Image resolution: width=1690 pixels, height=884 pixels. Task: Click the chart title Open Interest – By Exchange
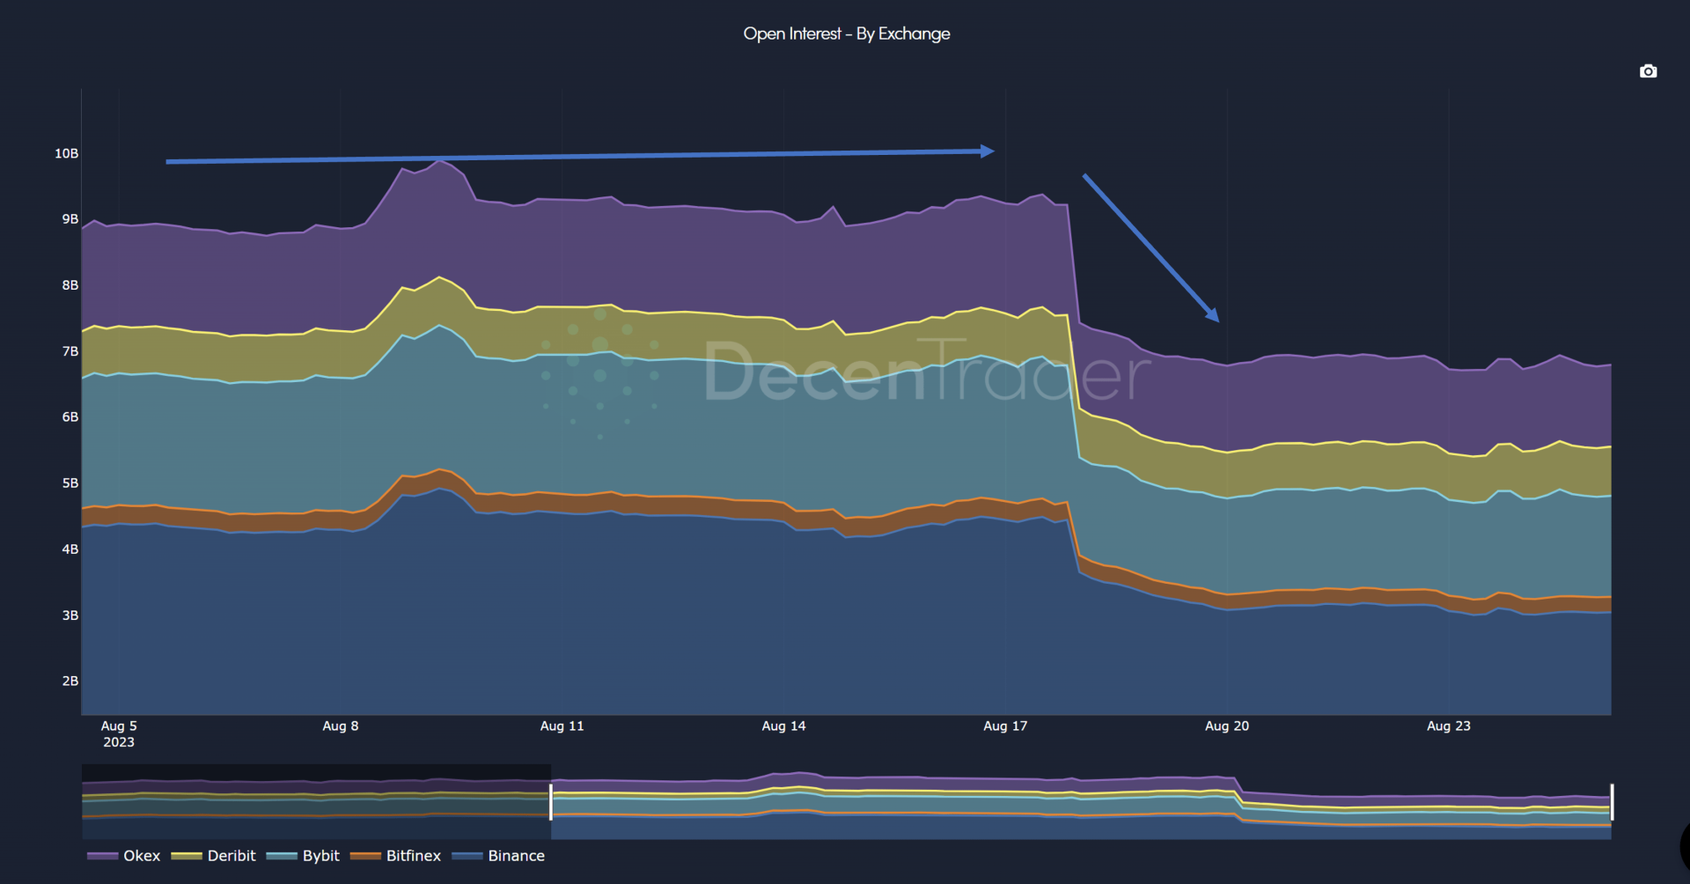pos(846,34)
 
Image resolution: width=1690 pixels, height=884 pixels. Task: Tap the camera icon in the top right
pos(1648,71)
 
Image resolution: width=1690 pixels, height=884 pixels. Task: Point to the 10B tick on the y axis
pos(67,154)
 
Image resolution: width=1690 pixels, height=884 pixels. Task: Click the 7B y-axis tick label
pos(70,351)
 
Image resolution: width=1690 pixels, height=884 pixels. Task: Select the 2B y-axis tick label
pos(70,681)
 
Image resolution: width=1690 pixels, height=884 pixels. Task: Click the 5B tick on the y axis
pos(70,483)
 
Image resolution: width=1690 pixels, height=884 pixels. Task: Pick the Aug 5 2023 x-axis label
pos(119,733)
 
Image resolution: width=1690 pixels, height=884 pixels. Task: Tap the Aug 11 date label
pos(562,726)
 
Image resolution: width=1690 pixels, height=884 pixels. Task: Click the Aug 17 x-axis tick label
pos(1005,726)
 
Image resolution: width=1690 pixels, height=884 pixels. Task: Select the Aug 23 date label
pos(1448,726)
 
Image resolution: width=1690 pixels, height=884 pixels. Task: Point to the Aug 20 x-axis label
pos(1226,726)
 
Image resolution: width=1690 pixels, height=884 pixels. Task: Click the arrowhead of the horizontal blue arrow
pos(988,151)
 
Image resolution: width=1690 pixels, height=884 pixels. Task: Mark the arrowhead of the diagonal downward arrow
pos(1213,314)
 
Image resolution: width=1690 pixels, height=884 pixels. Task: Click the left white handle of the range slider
pos(551,802)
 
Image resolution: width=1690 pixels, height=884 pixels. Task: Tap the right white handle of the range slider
pos(1612,802)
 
